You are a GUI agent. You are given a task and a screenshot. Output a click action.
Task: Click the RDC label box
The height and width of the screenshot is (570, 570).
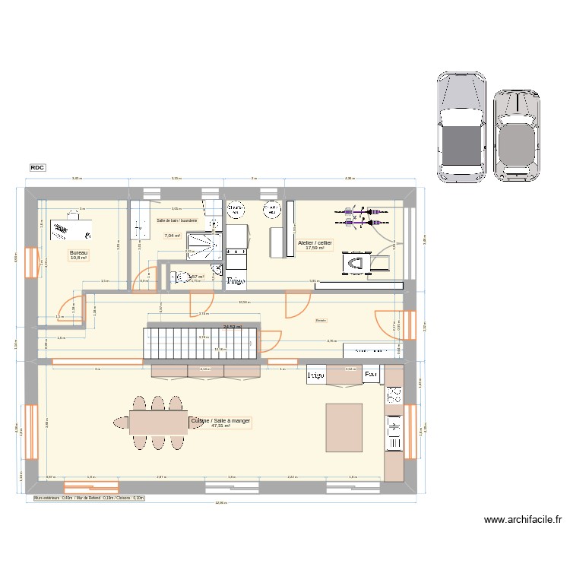pyautogui.click(x=37, y=167)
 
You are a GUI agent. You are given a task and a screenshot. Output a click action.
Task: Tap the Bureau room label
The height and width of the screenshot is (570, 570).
pyautogui.click(x=78, y=255)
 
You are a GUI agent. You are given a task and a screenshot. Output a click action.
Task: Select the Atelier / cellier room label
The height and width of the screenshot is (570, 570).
pyautogui.click(x=315, y=245)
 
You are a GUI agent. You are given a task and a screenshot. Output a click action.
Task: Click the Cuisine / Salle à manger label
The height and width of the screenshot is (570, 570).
pyautogui.click(x=221, y=423)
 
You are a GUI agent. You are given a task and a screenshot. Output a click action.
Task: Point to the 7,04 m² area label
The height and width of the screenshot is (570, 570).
pyautogui.click(x=173, y=236)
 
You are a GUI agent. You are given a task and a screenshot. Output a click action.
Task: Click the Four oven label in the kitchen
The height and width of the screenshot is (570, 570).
pyautogui.click(x=371, y=375)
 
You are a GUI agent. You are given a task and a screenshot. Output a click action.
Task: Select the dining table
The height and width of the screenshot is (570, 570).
pyautogui.click(x=158, y=422)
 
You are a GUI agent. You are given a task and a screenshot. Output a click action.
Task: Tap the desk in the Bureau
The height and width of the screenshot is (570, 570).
pyautogui.click(x=71, y=229)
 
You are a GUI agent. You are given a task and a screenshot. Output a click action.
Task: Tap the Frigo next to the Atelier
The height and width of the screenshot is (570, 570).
pyautogui.click(x=236, y=280)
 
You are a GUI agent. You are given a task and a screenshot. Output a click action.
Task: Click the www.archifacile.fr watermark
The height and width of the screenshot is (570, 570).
pyautogui.click(x=522, y=521)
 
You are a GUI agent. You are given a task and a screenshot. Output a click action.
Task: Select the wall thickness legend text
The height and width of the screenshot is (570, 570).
pyautogui.click(x=94, y=499)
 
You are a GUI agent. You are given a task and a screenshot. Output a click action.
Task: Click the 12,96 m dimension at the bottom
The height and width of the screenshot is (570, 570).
pyautogui.click(x=220, y=503)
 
